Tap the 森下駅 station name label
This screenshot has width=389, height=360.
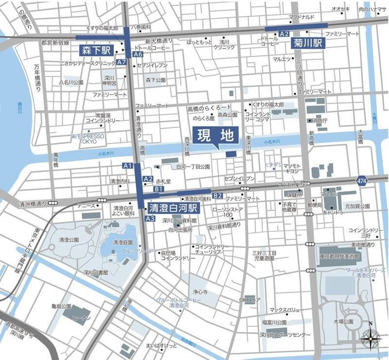pos(96,50)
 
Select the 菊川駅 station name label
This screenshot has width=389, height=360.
pos(309,43)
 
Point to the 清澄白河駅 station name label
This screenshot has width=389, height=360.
pos(173,208)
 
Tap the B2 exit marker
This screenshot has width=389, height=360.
pos(217,196)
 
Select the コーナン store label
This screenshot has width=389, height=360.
pos(80,318)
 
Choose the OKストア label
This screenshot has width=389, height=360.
pos(249,300)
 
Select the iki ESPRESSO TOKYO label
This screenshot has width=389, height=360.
pos(88,138)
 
